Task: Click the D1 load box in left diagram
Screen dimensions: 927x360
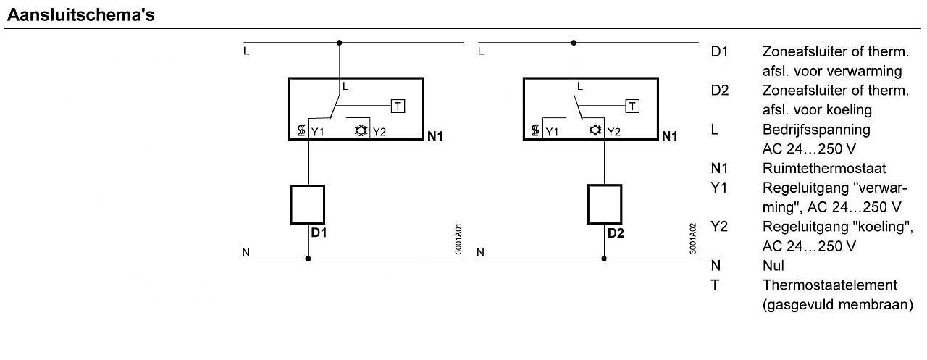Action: (x=308, y=204)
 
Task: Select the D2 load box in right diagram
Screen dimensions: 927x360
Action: (x=604, y=204)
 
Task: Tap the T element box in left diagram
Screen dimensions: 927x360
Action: (x=398, y=106)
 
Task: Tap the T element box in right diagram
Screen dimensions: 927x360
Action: (x=632, y=106)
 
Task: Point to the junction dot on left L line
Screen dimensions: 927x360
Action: (x=339, y=43)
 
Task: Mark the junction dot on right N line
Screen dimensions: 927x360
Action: (x=604, y=258)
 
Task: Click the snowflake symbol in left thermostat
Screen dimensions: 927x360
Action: (x=361, y=131)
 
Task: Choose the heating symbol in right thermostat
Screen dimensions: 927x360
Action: (x=536, y=131)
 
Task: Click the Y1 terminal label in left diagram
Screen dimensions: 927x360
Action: (x=318, y=132)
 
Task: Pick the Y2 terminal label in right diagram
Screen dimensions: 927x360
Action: (x=613, y=132)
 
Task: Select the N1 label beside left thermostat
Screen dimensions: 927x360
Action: (x=435, y=136)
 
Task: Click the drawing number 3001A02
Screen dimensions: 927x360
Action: (x=693, y=238)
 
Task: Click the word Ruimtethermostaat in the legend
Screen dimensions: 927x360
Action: (x=824, y=169)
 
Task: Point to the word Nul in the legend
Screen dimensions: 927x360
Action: (x=773, y=266)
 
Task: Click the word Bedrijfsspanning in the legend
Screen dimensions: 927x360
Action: (x=816, y=130)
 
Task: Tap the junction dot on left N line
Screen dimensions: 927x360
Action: (x=308, y=258)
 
